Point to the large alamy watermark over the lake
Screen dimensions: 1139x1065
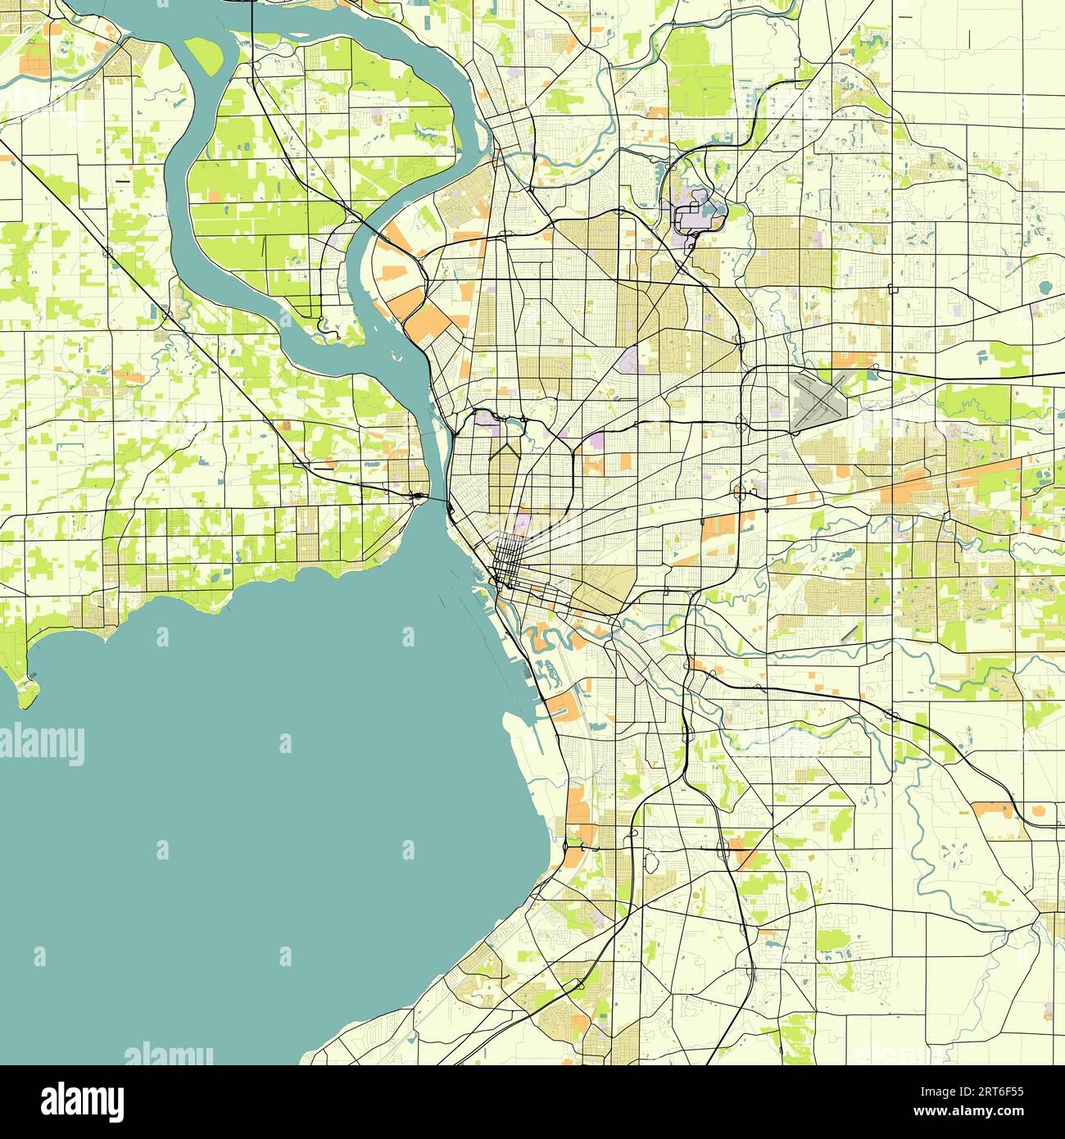43,745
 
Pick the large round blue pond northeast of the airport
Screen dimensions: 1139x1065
1045,288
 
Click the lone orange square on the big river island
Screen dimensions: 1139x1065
215,197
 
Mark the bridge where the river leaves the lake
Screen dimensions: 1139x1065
419,497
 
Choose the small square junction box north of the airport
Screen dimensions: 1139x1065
892,288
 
